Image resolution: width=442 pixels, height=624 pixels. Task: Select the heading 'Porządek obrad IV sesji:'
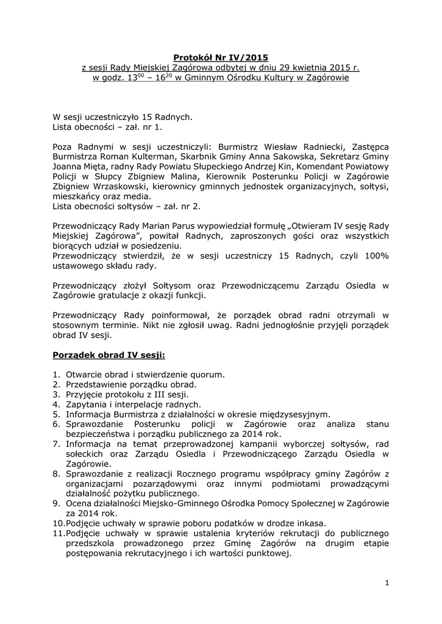click(x=109, y=354)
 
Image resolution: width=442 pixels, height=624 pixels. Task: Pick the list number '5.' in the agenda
click(x=55, y=414)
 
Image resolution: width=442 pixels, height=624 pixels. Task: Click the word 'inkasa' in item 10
click(x=308, y=523)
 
